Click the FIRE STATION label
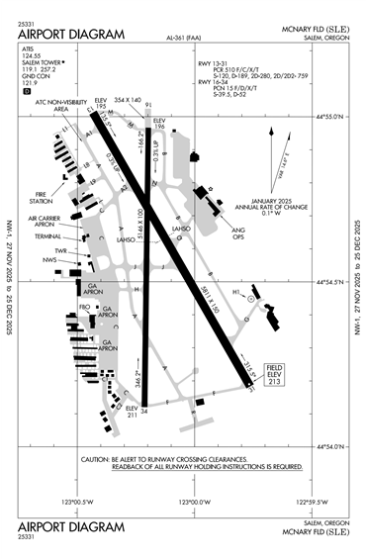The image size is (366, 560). [42, 198]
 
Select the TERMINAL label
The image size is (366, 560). [46, 236]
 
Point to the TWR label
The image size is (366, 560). [60, 250]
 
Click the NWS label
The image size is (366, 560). [48, 261]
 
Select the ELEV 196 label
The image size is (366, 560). [158, 124]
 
